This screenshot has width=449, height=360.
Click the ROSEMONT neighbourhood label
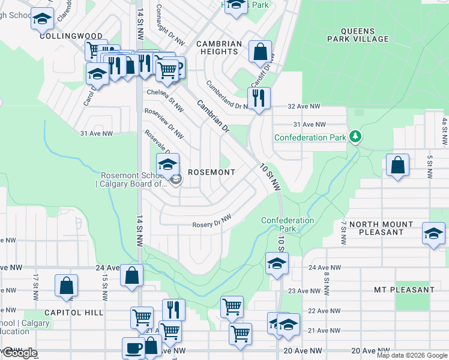[x=211, y=172]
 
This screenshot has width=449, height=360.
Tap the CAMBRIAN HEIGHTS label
[x=219, y=48]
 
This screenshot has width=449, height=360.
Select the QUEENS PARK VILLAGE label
[x=358, y=35]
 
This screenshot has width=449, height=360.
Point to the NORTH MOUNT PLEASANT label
[x=381, y=228]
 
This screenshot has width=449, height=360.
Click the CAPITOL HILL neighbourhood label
[x=73, y=313]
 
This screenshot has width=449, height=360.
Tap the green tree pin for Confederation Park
[x=355, y=137]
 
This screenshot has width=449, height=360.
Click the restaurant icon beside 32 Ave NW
[x=259, y=97]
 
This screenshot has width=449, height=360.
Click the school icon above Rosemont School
[x=167, y=164]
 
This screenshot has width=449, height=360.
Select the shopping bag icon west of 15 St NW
[x=66, y=286]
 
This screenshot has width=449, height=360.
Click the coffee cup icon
[x=133, y=347]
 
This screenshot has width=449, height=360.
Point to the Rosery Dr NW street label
[x=212, y=222]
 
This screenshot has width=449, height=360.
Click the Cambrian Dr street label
[x=213, y=117]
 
